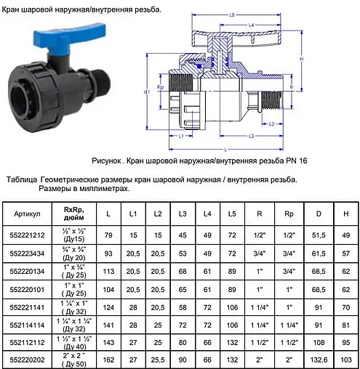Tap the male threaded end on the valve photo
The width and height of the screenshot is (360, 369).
(101, 79)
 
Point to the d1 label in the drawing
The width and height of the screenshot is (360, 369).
(147, 92)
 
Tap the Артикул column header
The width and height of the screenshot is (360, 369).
(31, 215)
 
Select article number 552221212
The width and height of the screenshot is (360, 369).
(31, 235)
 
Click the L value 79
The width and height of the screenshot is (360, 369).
(109, 235)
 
